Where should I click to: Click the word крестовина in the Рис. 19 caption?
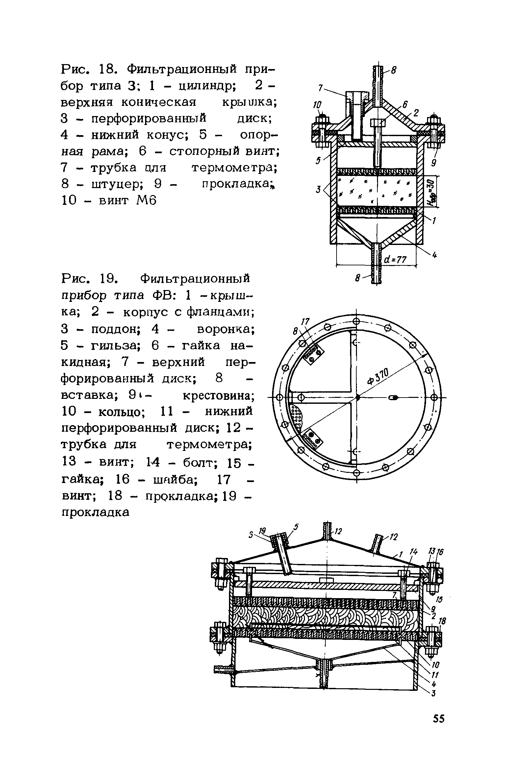218,396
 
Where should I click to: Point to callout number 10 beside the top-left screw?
316,105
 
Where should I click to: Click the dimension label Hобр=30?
434,191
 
